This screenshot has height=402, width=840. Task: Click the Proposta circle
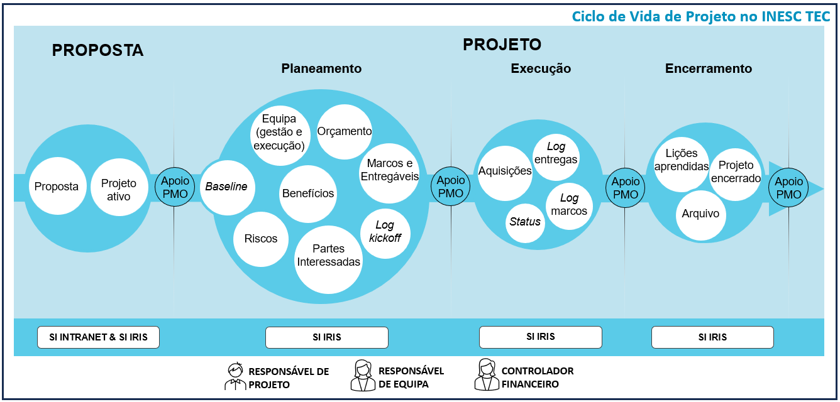57,186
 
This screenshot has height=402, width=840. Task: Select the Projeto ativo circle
119,190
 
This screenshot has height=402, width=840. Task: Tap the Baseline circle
227,187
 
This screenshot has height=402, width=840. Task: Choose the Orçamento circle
345,132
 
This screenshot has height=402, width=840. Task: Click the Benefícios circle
308,193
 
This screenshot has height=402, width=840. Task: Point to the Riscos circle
261,239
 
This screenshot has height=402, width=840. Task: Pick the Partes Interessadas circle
329,256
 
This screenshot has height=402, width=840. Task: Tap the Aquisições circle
505,172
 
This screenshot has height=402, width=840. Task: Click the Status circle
525,222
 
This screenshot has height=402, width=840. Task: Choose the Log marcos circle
569,205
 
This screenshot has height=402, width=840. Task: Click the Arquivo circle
700,214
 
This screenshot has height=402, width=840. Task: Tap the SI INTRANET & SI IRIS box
98,337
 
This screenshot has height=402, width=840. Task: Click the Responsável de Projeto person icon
235,376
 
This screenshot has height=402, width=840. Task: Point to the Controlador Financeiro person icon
485,375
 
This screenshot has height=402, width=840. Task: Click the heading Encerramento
708,69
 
